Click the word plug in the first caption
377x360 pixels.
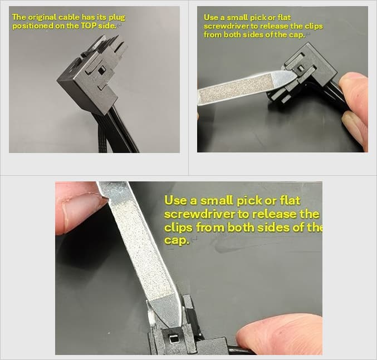[x=117, y=18]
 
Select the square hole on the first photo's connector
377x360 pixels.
[x=102, y=70]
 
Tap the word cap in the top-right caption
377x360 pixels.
[x=297, y=35]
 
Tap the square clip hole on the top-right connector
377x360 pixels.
[x=300, y=68]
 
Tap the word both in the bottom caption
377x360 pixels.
[x=241, y=227]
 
